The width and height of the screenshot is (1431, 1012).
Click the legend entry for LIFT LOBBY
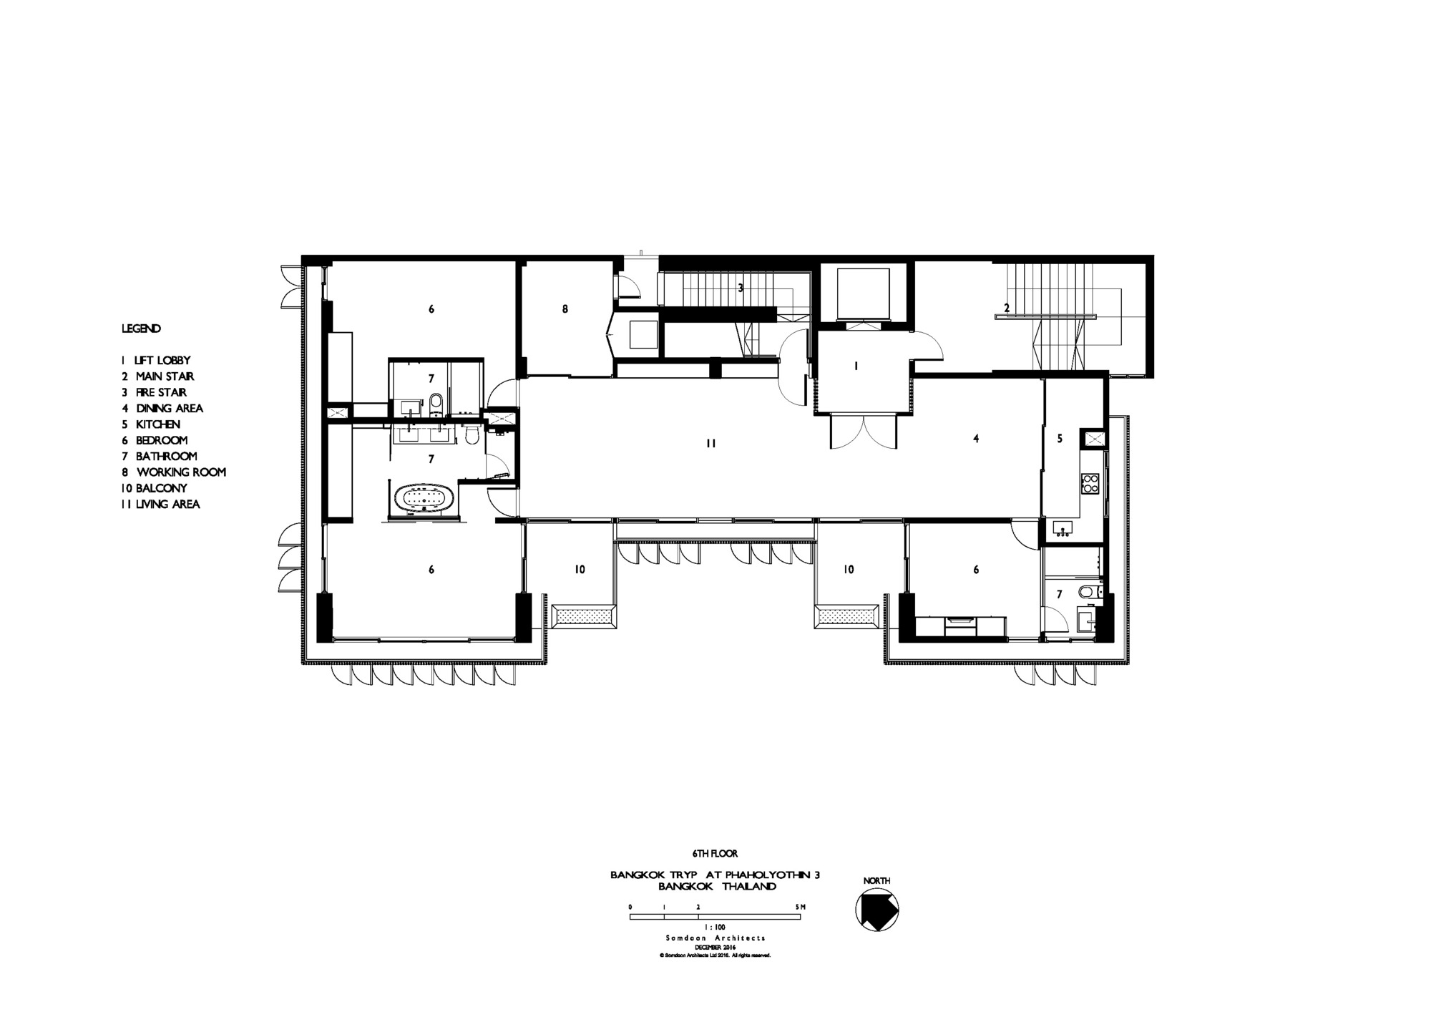(x=156, y=361)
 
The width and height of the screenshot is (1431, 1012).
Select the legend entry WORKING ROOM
(x=174, y=472)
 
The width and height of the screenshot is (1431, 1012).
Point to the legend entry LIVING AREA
(x=161, y=505)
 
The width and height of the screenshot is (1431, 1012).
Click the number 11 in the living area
(x=710, y=444)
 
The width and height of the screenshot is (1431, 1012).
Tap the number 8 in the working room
(x=565, y=309)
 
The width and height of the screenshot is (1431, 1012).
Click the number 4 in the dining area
(x=976, y=439)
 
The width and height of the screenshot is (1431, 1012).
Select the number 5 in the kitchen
(x=1060, y=439)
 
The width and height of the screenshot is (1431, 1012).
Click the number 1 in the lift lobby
(x=856, y=366)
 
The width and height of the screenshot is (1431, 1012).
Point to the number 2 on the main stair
(x=1007, y=308)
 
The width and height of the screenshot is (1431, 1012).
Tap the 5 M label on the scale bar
(x=801, y=907)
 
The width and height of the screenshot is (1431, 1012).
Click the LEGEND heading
(x=141, y=329)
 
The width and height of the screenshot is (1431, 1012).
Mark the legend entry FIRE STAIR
(x=154, y=393)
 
